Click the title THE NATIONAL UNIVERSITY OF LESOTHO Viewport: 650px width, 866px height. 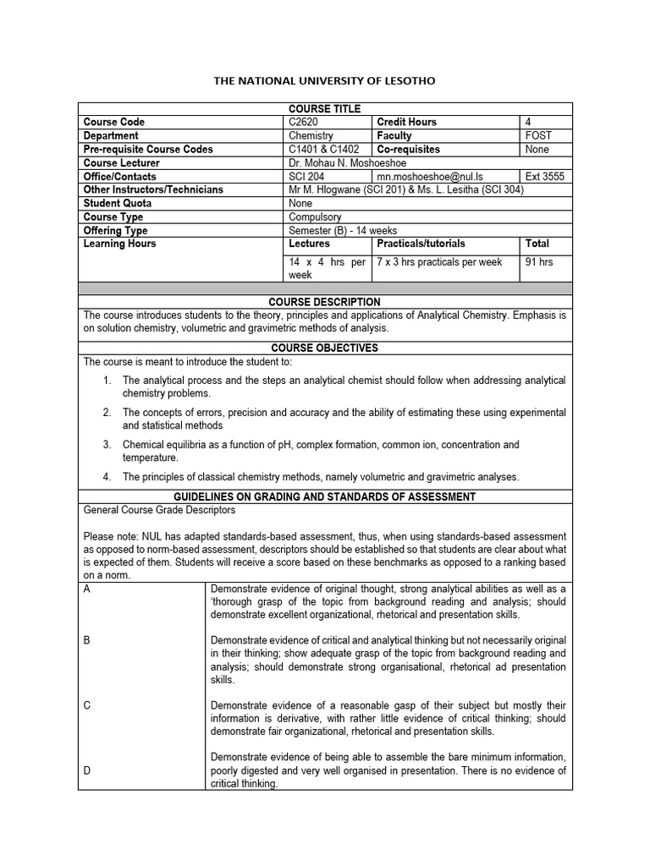325,80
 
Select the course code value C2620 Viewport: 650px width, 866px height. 304,122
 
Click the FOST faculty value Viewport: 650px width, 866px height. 537,135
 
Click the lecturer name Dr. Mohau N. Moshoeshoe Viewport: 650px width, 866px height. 350,162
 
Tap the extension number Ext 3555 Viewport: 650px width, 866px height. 545,176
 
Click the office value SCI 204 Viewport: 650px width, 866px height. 307,176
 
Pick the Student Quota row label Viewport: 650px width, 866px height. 118,203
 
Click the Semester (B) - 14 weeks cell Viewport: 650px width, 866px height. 343,230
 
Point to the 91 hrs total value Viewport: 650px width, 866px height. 539,262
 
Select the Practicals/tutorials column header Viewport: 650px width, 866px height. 421,244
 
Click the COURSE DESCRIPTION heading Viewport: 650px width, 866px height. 325,302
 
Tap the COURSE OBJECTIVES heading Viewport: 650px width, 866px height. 325,348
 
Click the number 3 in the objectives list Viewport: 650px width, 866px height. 107,445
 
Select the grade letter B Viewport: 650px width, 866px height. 87,641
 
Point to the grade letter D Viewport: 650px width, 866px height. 87,770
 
